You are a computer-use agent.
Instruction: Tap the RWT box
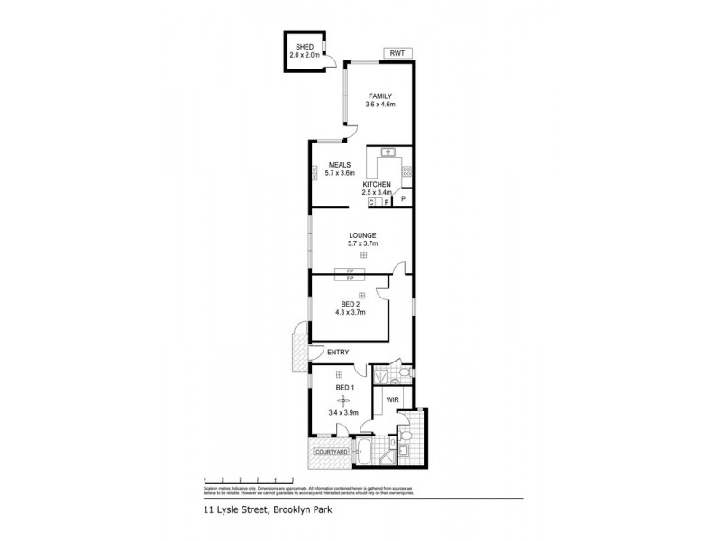pos(397,53)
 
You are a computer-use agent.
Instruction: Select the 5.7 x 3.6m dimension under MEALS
pos(340,174)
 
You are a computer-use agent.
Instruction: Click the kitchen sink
pos(388,151)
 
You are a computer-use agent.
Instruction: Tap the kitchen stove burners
pos(406,170)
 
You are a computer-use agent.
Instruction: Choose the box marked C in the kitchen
pos(371,203)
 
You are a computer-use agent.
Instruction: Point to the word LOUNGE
pos(362,235)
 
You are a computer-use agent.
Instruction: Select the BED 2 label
pos(351,304)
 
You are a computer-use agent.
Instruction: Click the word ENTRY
pos(338,353)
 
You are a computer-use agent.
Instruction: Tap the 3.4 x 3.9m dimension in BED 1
pos(342,413)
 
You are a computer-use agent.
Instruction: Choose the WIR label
pos(393,399)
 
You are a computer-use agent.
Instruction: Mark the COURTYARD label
pos(331,451)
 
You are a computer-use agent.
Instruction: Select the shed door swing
pos(332,60)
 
